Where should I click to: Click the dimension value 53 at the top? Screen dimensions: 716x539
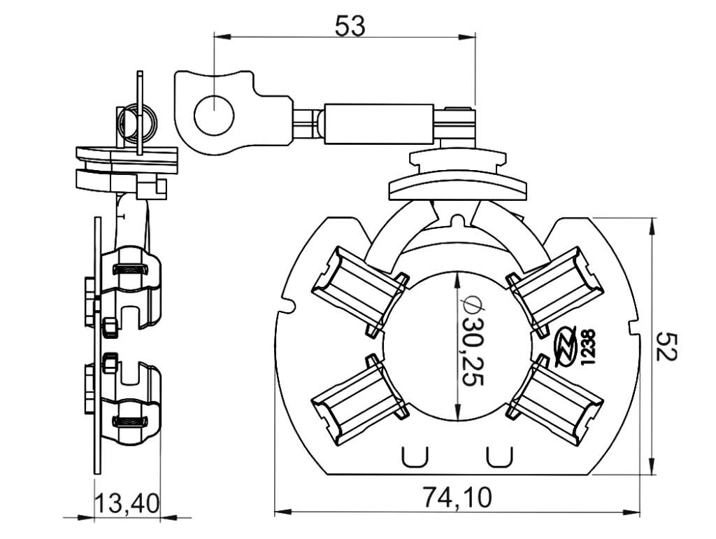pos(350,26)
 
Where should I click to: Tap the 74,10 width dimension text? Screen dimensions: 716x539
pos(457,498)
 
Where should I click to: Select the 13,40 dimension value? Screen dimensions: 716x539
pos(127,504)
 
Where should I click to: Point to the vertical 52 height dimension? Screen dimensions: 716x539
pos(666,346)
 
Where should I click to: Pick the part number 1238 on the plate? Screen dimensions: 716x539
pos(588,347)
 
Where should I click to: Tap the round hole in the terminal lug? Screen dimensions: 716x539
pos(214,115)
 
